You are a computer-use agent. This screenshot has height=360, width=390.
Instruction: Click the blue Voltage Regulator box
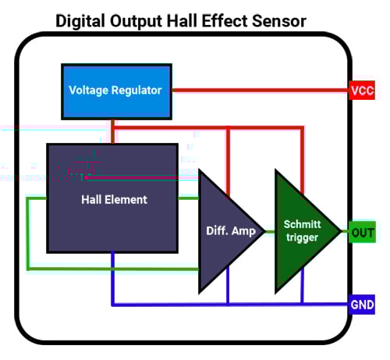click(x=115, y=90)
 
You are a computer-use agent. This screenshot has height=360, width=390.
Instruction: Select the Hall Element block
click(x=113, y=198)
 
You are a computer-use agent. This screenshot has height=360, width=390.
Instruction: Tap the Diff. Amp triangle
click(x=226, y=230)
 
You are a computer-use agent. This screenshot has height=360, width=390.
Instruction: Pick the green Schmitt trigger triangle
click(x=300, y=230)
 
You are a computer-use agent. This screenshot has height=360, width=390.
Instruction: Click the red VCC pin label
click(x=362, y=91)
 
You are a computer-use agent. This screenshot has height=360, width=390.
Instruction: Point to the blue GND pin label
click(x=362, y=304)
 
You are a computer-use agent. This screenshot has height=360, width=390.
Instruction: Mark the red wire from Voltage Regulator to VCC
click(x=257, y=91)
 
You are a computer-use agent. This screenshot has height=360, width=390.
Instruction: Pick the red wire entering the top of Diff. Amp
click(x=228, y=160)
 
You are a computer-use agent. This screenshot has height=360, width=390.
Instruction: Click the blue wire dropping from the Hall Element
click(x=113, y=277)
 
